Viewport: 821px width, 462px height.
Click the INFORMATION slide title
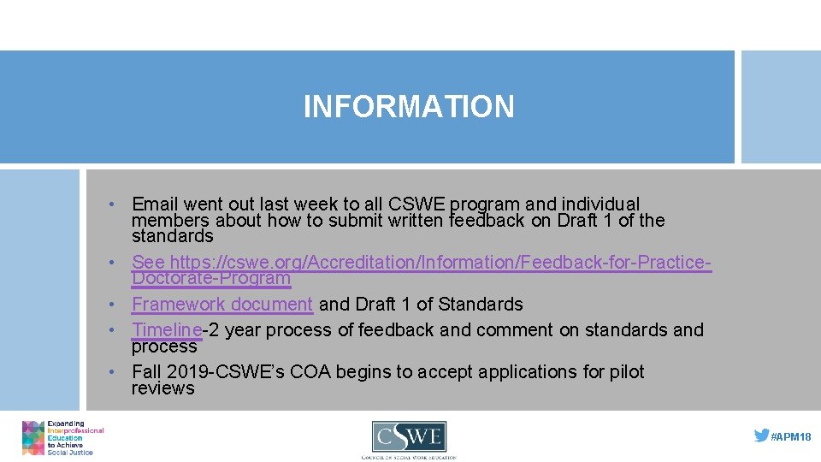(x=409, y=107)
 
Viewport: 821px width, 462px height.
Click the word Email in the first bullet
(x=154, y=204)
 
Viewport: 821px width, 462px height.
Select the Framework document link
(x=222, y=305)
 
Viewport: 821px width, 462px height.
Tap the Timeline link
(x=167, y=330)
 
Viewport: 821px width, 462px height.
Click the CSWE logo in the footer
(x=409, y=439)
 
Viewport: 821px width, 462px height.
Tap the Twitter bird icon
(x=761, y=435)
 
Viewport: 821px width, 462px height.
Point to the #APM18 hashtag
(x=791, y=436)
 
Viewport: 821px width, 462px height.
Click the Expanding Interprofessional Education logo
(x=62, y=438)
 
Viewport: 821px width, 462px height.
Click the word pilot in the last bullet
(x=624, y=372)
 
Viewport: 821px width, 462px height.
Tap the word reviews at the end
(x=163, y=388)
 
